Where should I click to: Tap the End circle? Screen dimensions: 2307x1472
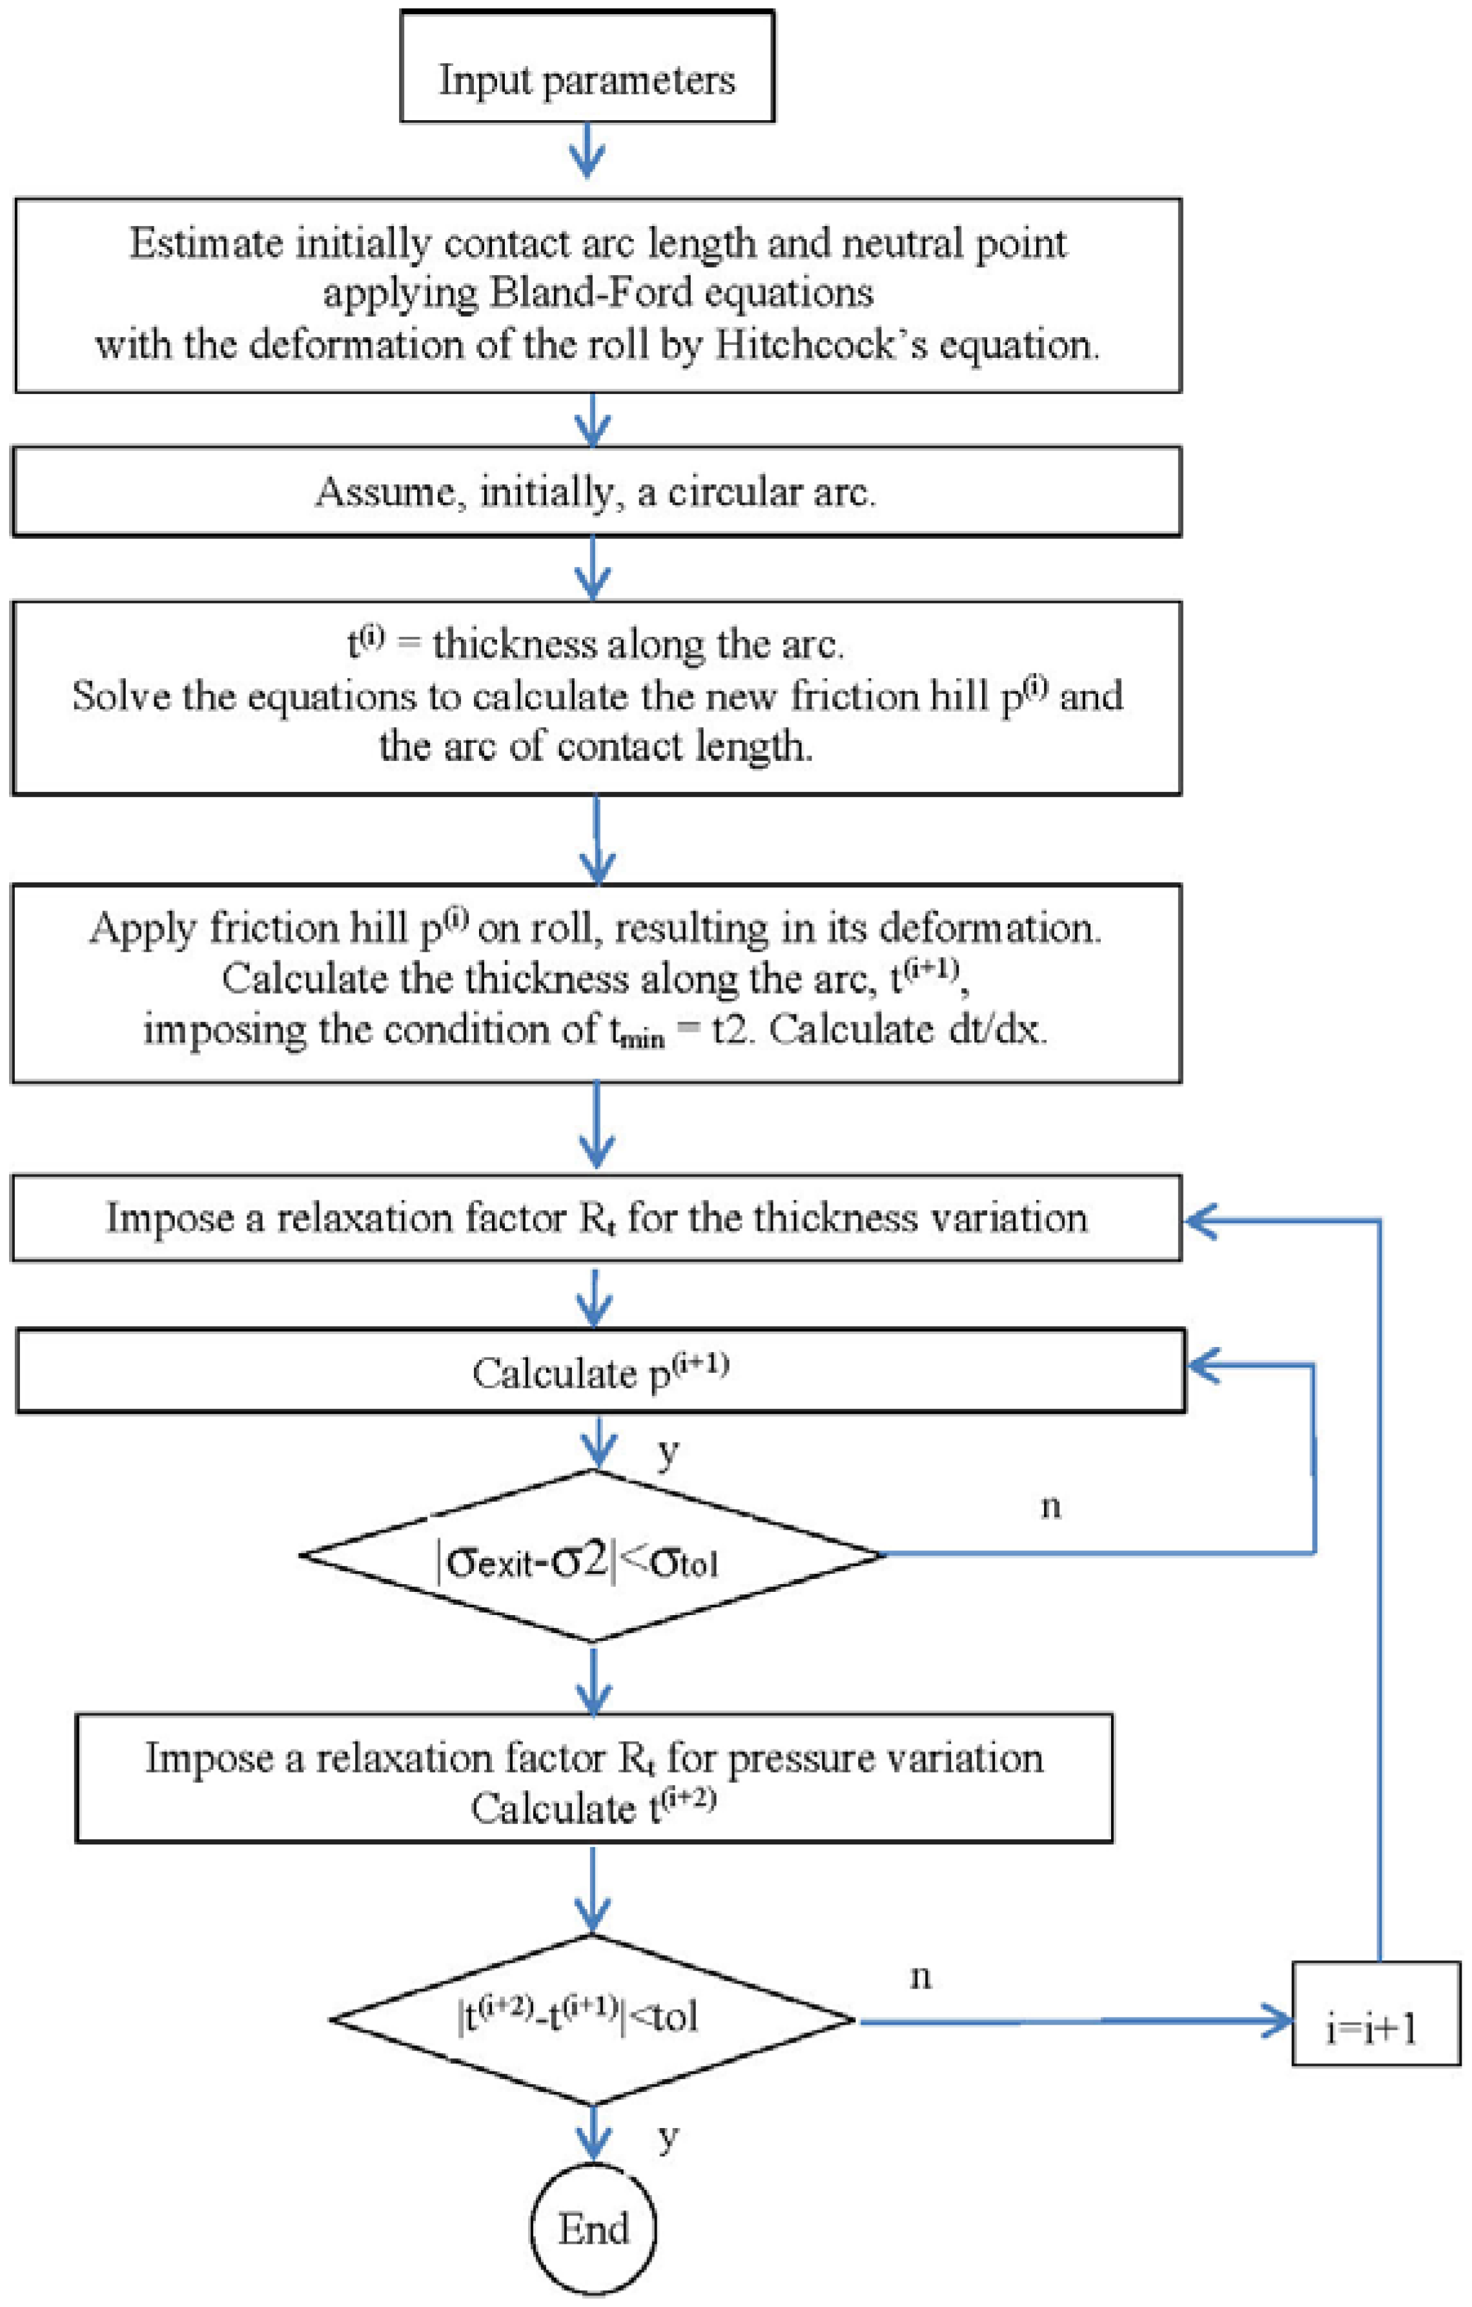pyautogui.click(x=594, y=2228)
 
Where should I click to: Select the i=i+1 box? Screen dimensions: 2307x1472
pyautogui.click(x=1376, y=2026)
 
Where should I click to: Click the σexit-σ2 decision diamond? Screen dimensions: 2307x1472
pyautogui.click(x=592, y=1555)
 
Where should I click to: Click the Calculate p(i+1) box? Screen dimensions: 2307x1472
pyautogui.click(x=600, y=1371)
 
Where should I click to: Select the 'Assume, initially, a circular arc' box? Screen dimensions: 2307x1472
pyautogui.click(x=596, y=492)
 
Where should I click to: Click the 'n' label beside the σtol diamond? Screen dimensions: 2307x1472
pyautogui.click(x=1050, y=1506)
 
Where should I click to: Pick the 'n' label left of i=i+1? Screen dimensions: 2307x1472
pyautogui.click(x=921, y=1976)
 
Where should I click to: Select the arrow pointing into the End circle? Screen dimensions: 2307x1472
pyautogui.click(x=594, y=2138)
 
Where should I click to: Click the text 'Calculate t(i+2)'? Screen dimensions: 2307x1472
pyautogui.click(x=594, y=1808)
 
